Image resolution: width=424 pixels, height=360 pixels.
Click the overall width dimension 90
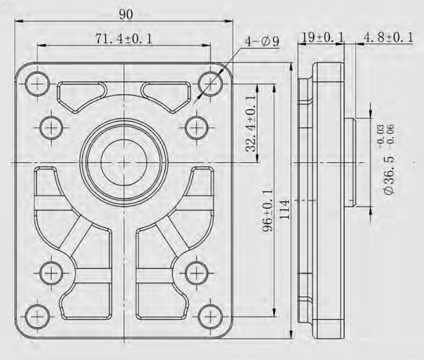pyautogui.click(x=126, y=14)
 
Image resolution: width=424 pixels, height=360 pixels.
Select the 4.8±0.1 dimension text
pyautogui.click(x=388, y=38)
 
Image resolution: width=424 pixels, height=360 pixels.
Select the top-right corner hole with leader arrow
pyautogui.click(x=207, y=79)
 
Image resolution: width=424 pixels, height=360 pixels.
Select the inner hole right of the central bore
pyautogui.click(x=194, y=126)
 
